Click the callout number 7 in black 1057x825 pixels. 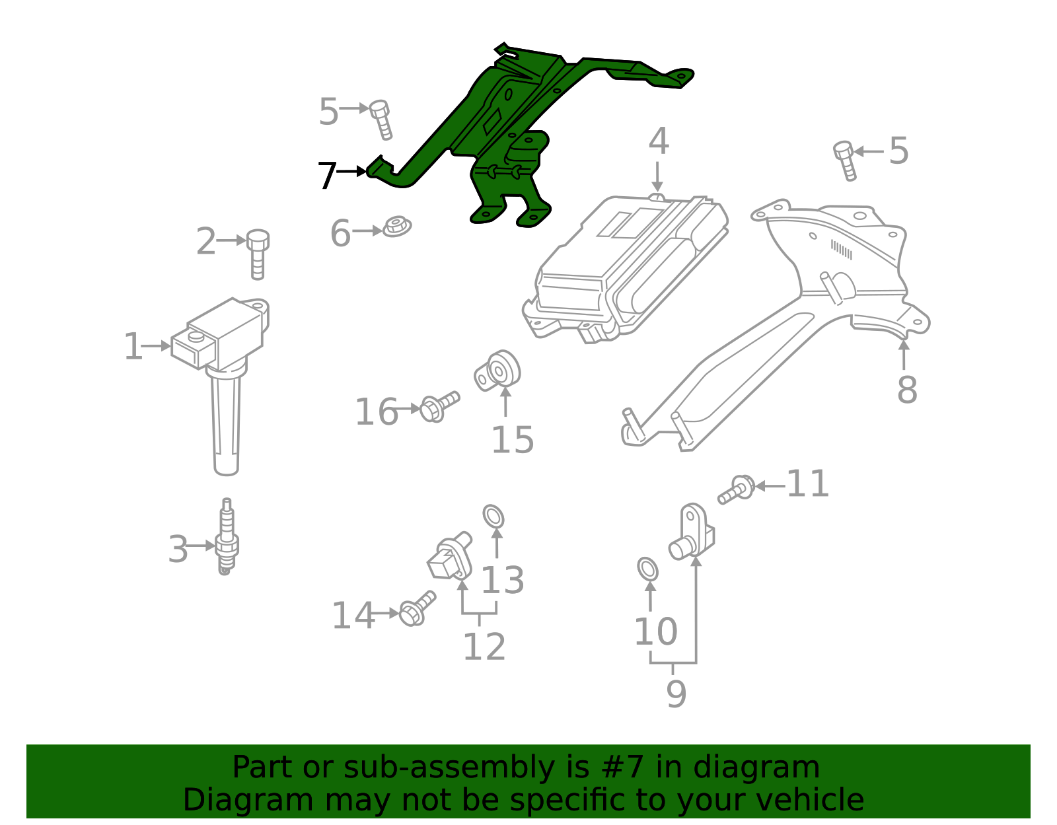pyautogui.click(x=327, y=176)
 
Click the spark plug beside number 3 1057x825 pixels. pyautogui.click(x=227, y=538)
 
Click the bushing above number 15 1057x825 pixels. pyautogui.click(x=499, y=371)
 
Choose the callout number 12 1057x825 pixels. pyautogui.click(x=484, y=647)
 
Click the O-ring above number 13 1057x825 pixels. pyautogui.click(x=493, y=516)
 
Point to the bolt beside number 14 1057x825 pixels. pyautogui.click(x=417, y=609)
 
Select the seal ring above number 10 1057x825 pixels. pyautogui.click(x=648, y=569)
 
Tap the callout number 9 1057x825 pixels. pyautogui.click(x=676, y=694)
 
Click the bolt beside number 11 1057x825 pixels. pyautogui.click(x=737, y=489)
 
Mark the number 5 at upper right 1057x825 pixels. pyautogui.click(x=898, y=151)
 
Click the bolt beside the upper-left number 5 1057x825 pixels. pyautogui.click(x=381, y=119)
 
